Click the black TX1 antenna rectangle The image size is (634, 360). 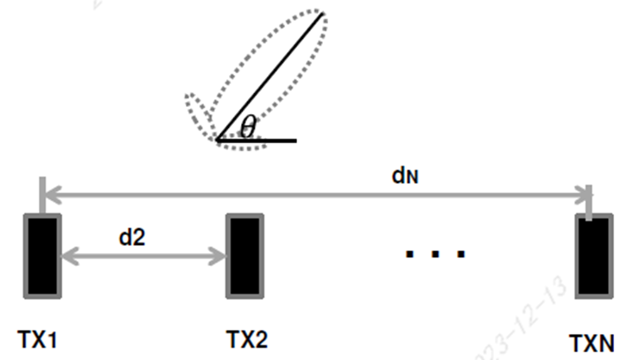click(41, 256)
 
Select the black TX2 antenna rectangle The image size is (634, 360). click(244, 256)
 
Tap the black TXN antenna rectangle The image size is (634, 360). click(593, 257)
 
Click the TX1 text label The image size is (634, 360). click(40, 338)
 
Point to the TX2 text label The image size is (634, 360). click(245, 338)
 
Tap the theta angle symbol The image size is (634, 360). click(248, 129)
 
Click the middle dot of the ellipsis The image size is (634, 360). click(435, 254)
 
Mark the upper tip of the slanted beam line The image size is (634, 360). click(323, 13)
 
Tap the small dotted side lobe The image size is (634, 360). click(197, 110)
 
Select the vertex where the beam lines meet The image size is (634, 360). click(219, 139)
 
